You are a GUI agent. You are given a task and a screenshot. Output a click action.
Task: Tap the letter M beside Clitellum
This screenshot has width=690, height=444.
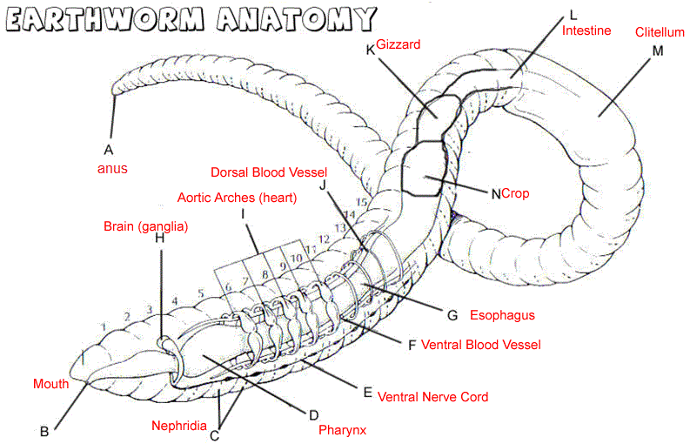click(x=657, y=51)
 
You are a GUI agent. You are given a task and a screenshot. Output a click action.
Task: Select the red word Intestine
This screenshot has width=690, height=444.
click(x=586, y=31)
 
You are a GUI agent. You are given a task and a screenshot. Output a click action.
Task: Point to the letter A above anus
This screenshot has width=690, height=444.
click(x=109, y=149)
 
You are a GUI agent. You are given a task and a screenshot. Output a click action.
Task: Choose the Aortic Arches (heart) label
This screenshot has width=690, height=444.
click(x=237, y=198)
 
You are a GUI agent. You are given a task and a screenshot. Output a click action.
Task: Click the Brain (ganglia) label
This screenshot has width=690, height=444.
click(x=146, y=225)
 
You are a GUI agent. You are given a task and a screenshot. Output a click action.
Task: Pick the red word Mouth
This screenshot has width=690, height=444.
click(x=50, y=384)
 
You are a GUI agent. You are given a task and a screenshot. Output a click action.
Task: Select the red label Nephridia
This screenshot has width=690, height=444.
click(x=179, y=426)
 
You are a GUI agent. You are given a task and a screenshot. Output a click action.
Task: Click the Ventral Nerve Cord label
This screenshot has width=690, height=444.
click(x=432, y=397)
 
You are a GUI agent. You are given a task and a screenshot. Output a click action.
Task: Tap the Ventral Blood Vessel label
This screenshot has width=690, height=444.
click(x=480, y=345)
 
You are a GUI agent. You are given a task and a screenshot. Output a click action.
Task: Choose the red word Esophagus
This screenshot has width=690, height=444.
click(x=502, y=315)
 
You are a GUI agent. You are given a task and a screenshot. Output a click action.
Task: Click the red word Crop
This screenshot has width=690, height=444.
click(x=516, y=193)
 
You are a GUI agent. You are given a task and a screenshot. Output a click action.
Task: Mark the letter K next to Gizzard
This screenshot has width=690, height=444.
click(x=370, y=50)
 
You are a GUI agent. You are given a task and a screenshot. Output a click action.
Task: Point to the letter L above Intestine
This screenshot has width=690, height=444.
click(x=572, y=15)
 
